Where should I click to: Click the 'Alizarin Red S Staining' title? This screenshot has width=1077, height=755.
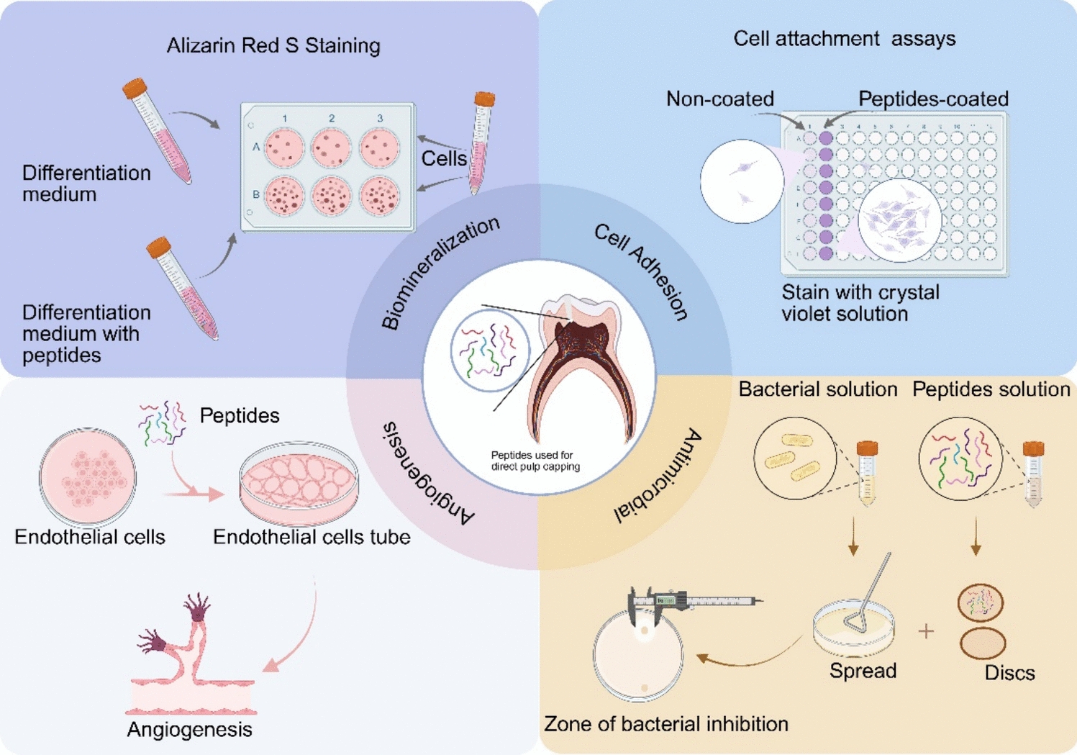(x=273, y=46)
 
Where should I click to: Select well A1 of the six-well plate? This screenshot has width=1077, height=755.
(x=285, y=148)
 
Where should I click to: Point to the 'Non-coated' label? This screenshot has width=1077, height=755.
(x=719, y=99)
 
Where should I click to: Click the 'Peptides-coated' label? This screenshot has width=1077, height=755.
(x=933, y=99)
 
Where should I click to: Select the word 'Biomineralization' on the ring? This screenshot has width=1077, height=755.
(x=440, y=273)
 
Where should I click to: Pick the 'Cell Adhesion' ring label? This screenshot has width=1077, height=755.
(x=641, y=271)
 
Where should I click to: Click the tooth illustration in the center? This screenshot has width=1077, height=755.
(x=583, y=367)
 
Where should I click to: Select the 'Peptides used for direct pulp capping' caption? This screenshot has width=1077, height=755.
(x=535, y=461)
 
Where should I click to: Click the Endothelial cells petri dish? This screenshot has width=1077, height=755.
(x=88, y=476)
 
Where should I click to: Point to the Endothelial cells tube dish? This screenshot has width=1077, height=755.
(x=299, y=482)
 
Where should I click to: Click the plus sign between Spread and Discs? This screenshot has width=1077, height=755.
(x=926, y=631)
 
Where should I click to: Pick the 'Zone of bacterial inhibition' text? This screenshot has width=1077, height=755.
(x=665, y=724)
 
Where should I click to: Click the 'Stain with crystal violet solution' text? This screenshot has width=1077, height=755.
(x=860, y=303)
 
